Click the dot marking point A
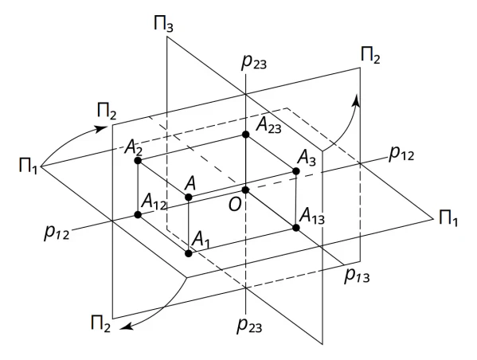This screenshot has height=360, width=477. coord(189,198)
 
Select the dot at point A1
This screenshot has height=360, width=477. coord(189,253)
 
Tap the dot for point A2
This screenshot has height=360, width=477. coord(138,160)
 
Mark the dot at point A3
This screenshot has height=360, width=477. coord(296,171)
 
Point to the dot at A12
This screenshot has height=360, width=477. coord(138,215)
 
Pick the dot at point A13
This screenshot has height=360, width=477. coord(296,228)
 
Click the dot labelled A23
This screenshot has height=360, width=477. coord(246,135)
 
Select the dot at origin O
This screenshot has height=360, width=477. coord(245,190)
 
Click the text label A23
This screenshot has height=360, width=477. coord(268,125)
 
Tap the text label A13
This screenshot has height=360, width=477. coord(312,217)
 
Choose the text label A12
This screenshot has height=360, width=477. coord(154,202)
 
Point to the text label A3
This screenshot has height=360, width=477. coord(307,159)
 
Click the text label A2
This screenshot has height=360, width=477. coord(133,148)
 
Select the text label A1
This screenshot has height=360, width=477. coord(201,239)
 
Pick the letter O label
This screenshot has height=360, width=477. coord(235,205)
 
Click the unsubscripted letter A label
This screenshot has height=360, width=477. coord(190,183)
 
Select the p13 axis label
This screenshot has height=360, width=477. coord(357,276)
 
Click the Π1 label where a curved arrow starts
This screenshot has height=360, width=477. coord(28,166)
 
